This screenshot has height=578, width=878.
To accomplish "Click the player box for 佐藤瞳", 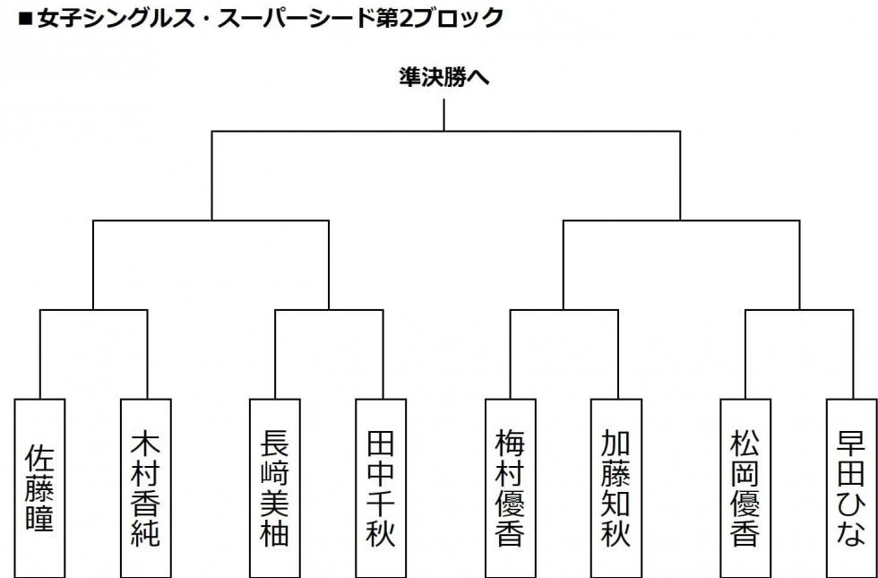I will coord(40,487).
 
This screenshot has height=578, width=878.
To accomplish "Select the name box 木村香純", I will coord(146,487).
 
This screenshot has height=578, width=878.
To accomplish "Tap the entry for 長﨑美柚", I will coord(274,487).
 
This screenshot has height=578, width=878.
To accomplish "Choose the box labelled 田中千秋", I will coord(381,487).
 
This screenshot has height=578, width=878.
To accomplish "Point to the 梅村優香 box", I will coord(510,487).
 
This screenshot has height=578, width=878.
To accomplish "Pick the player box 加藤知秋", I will coord(616,487).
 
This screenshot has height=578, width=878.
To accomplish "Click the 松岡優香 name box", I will coord(745,487).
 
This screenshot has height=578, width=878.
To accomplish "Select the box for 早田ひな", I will coord(851,487).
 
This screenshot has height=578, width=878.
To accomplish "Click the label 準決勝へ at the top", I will coord(443,78).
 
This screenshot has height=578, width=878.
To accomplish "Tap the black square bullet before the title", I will coord(23,18).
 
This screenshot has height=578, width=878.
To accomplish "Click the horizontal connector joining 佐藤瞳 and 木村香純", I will coord(93,310).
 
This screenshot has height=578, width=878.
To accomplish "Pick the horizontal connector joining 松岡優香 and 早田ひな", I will coord(798,310).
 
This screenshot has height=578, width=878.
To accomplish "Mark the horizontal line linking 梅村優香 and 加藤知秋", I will coord(564,310).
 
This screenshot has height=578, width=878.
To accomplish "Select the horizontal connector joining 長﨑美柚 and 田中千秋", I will coord(328,310).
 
